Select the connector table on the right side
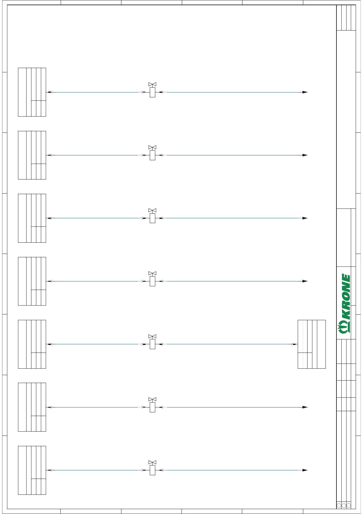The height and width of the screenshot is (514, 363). [x=311, y=344]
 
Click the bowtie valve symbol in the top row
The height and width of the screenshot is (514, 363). [x=152, y=84]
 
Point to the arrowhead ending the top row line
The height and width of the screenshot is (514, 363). [x=305, y=92]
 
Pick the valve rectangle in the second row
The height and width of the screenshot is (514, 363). [x=153, y=155]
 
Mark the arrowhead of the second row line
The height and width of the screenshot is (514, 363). [x=305, y=155]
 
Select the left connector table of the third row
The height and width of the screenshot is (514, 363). [x=32, y=218]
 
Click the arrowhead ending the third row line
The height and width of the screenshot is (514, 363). [x=305, y=218]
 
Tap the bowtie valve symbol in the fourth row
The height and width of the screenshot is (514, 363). [x=152, y=273]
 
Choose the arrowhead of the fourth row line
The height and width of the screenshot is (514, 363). [x=305, y=281]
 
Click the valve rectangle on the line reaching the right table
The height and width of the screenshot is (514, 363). [x=153, y=344]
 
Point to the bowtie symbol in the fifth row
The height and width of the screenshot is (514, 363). [x=152, y=336]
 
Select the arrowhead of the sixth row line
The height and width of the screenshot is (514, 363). [x=305, y=407]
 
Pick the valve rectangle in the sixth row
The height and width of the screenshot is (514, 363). [x=153, y=407]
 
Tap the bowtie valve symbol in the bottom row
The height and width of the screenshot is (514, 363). [x=152, y=462]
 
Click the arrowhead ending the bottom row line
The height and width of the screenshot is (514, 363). [x=305, y=470]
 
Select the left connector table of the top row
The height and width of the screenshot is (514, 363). [x=32, y=92]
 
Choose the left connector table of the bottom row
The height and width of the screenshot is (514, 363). [x=32, y=470]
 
